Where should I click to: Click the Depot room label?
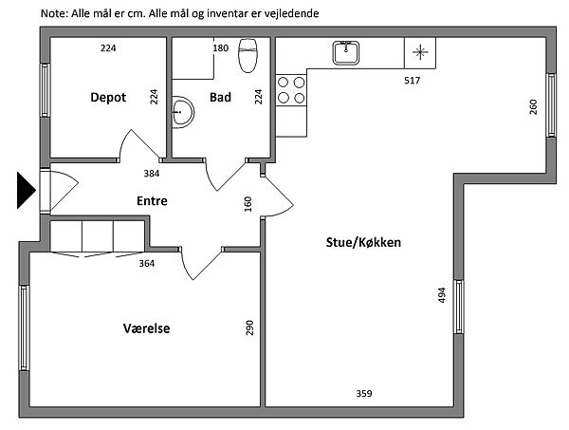[108, 98]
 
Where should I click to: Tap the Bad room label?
[220, 97]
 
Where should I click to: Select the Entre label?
[152, 200]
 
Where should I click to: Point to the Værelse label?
[147, 328]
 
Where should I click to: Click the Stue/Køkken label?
[363, 242]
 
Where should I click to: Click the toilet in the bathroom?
[248, 55]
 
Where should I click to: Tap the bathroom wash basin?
[183, 112]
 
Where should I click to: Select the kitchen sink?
[346, 53]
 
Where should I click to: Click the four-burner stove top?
[291, 90]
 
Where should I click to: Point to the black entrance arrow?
[27, 191]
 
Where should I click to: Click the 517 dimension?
[413, 81]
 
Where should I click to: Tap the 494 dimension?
[442, 295]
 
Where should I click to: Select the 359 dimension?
[364, 393]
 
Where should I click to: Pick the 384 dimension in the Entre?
[152, 174]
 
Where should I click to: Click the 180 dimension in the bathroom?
[221, 48]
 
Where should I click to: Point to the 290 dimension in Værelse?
[249, 327]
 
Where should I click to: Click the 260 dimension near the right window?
[533, 107]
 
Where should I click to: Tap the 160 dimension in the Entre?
[248, 204]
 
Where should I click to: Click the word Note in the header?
[54, 13]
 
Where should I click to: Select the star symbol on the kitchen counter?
[420, 52]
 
